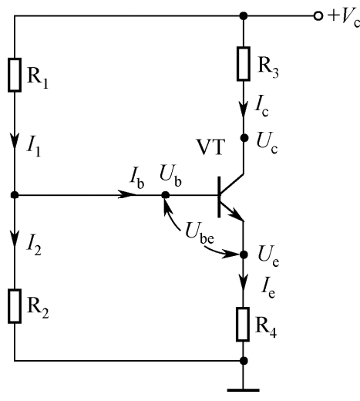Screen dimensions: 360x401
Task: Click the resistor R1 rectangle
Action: click(x=15, y=75)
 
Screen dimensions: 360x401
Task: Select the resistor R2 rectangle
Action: click(x=15, y=306)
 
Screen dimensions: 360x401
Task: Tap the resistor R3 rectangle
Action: click(x=244, y=64)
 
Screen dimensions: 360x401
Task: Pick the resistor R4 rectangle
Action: click(x=243, y=324)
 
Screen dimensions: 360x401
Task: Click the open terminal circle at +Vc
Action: click(x=318, y=16)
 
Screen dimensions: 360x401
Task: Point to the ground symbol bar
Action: click(x=243, y=390)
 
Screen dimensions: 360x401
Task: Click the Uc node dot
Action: click(x=244, y=138)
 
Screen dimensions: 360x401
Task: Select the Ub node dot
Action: click(x=166, y=195)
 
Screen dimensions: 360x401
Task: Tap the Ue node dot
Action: click(x=244, y=254)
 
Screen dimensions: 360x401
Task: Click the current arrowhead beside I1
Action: click(x=15, y=140)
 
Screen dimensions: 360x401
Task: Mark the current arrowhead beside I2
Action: click(x=15, y=239)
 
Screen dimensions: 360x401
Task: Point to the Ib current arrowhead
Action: click(x=126, y=194)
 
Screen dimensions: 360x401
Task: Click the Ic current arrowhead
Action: click(x=244, y=110)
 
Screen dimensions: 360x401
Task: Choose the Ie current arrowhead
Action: click(x=244, y=282)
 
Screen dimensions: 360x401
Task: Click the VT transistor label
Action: click(x=210, y=147)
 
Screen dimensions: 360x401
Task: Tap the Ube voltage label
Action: click(x=200, y=234)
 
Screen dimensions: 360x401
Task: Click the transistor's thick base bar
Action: click(x=219, y=197)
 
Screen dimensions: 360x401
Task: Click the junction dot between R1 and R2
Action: click(x=15, y=195)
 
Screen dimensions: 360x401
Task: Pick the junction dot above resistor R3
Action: click(x=244, y=16)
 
